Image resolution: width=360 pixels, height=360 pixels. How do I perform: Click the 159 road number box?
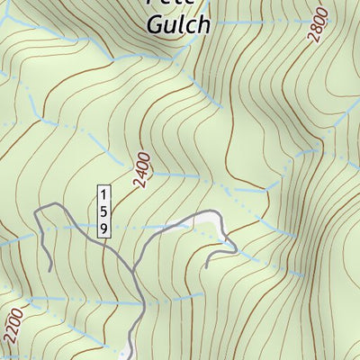click(x=104, y=212)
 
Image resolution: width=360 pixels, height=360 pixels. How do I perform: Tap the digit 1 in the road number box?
click(x=104, y=196)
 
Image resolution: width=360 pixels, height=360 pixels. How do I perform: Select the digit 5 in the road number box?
click(x=104, y=212)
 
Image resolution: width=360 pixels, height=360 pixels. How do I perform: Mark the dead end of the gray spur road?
click(x=206, y=267)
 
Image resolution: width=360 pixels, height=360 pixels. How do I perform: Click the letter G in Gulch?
click(x=155, y=24)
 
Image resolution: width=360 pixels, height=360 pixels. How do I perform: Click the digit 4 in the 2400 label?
click(x=142, y=174)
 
